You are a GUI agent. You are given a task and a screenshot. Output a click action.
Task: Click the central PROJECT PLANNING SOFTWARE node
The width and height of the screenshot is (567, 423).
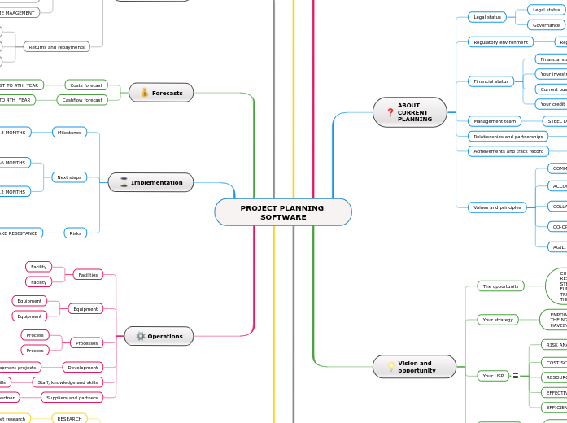tap(282, 212)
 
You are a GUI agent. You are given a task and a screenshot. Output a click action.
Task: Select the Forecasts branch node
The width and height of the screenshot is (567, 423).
tap(161, 93)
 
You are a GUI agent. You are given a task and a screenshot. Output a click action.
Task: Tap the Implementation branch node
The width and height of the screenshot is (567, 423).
tap(150, 182)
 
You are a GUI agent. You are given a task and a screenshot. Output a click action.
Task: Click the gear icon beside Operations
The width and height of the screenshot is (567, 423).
tap(140, 336)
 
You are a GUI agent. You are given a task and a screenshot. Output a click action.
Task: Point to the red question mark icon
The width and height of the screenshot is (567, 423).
tap(390, 112)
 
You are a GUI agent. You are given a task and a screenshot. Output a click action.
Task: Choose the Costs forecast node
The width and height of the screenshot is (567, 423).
tap(86, 85)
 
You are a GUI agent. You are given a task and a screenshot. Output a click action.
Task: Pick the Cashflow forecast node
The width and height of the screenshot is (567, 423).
tap(81, 100)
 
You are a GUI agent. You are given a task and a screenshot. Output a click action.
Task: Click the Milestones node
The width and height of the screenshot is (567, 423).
tap(69, 132)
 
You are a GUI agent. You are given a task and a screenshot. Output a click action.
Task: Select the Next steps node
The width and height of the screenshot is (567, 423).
tap(69, 177)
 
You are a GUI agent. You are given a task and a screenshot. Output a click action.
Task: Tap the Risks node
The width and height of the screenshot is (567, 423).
tap(76, 233)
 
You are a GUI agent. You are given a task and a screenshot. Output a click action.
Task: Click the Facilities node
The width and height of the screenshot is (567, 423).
tap(88, 275)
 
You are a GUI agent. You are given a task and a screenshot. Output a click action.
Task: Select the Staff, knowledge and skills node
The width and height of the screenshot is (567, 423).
tap(68, 382)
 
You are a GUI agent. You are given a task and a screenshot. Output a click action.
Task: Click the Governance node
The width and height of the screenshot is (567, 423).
tap(547, 25)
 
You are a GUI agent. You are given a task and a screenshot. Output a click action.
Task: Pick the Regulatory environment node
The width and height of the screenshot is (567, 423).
tap(500, 41)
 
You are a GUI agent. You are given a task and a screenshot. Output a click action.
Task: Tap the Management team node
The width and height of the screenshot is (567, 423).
tap(494, 121)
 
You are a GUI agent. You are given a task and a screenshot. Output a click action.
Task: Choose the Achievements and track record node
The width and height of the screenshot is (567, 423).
tap(508, 151)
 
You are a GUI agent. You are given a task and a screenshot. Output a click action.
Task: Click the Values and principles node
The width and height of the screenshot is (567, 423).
tap(497, 207)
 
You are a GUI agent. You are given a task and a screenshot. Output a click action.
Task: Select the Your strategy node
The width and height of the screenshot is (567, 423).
tap(498, 320)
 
